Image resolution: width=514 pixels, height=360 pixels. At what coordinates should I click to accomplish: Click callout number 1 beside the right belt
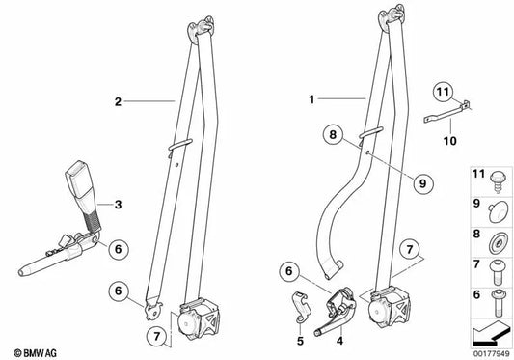(x=311, y=98)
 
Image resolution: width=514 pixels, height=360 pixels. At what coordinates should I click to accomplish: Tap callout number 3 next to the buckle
(x=118, y=204)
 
